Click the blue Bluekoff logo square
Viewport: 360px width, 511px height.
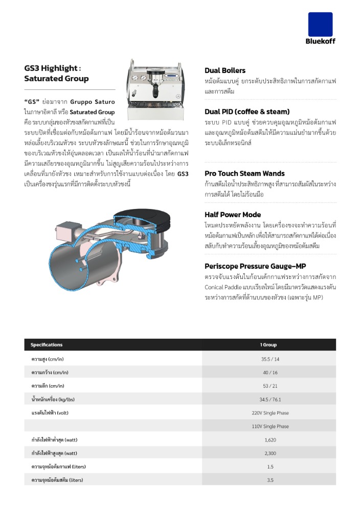pyautogui.click(x=320, y=24)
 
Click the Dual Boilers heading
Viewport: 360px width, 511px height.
pyautogui.click(x=225, y=71)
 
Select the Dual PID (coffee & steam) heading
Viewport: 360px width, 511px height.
pyautogui.click(x=247, y=111)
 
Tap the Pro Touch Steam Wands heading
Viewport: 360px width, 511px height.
pyautogui.click(x=244, y=173)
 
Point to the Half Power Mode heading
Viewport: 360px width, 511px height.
pyautogui.click(x=233, y=215)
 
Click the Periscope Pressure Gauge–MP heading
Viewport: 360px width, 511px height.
pyautogui.click(x=255, y=266)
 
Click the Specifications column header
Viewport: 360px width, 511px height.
pyautogui.click(x=47, y=345)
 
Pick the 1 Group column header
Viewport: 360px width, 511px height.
pyautogui.click(x=269, y=345)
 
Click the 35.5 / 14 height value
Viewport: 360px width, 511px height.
pyautogui.click(x=269, y=359)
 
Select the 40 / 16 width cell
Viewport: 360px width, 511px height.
pyautogui.click(x=269, y=373)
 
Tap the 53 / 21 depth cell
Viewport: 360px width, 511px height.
pyautogui.click(x=269, y=386)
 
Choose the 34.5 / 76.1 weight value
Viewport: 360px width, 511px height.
pyautogui.click(x=270, y=399)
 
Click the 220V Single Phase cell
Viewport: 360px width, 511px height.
pyautogui.click(x=270, y=413)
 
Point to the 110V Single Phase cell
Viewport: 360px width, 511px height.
pyautogui.click(x=270, y=426)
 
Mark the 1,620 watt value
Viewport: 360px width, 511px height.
pyautogui.click(x=270, y=440)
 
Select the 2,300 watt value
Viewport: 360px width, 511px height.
pyautogui.click(x=270, y=453)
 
